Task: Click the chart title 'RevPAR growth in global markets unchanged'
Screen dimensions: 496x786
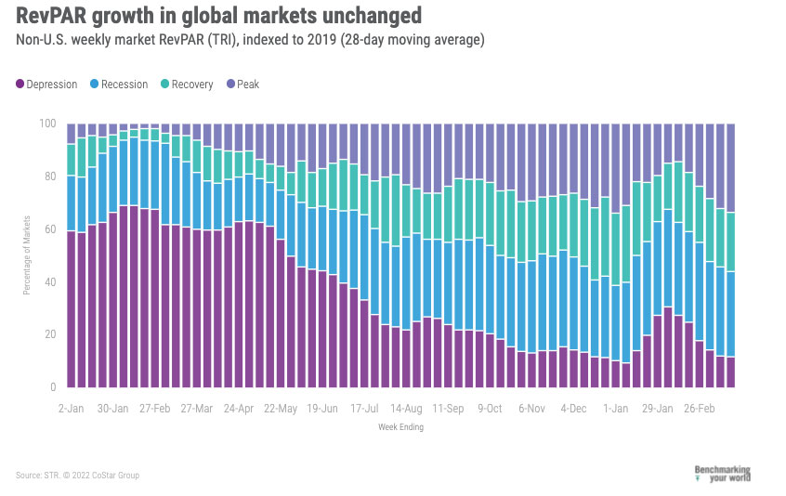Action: pyautogui.click(x=218, y=16)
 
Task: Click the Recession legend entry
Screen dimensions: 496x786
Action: pyautogui.click(x=118, y=85)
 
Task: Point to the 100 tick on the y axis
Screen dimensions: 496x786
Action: pyautogui.click(x=48, y=124)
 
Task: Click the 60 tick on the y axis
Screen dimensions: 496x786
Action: pyautogui.click(x=51, y=228)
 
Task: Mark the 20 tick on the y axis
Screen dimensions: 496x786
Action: pyautogui.click(x=51, y=334)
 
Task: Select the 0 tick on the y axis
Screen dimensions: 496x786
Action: pyautogui.click(x=54, y=387)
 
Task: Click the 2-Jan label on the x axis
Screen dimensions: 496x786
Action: pyautogui.click(x=71, y=408)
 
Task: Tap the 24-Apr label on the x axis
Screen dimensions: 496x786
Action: pyautogui.click(x=239, y=408)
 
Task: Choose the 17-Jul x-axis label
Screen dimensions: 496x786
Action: pyautogui.click(x=364, y=408)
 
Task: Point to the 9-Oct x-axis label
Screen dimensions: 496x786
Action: pyautogui.click(x=490, y=408)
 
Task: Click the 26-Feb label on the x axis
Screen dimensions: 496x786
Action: pyautogui.click(x=699, y=408)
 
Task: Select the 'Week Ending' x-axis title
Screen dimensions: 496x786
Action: pyautogui.click(x=400, y=426)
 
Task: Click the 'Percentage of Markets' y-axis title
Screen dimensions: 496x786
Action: pyautogui.click(x=27, y=255)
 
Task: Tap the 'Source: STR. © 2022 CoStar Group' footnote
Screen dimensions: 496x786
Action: pyautogui.click(x=77, y=476)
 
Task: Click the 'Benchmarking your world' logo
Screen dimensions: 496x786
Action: pyautogui.click(x=722, y=474)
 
